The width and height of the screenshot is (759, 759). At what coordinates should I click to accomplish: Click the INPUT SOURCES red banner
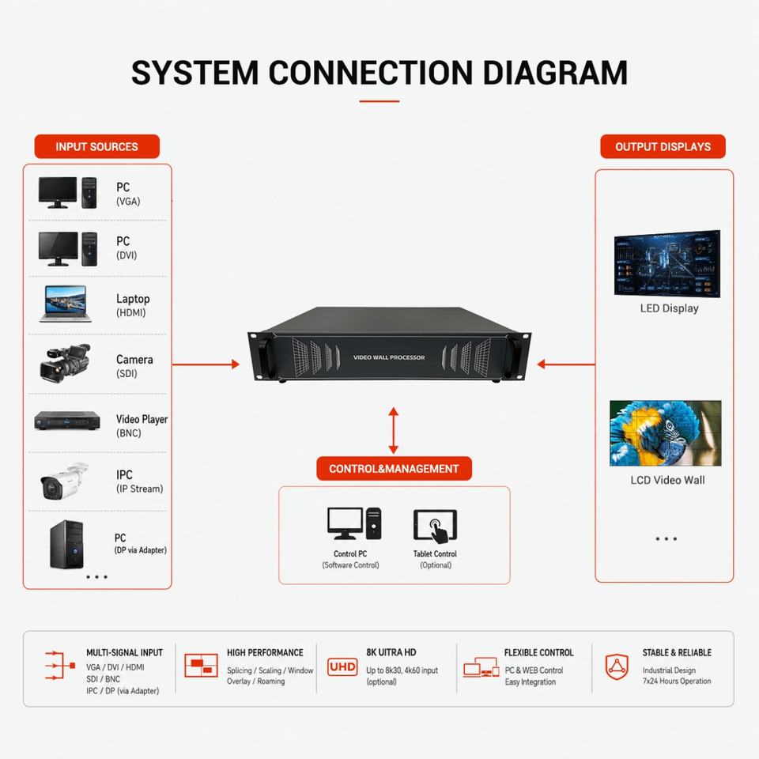pos(96,146)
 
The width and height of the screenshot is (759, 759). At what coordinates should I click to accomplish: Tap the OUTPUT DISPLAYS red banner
pos(663,146)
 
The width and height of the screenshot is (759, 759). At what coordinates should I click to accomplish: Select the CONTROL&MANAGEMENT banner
pos(394,468)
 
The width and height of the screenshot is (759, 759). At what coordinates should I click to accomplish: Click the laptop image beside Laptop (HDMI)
pos(66,304)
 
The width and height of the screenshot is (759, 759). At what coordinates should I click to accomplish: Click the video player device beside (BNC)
pos(67,420)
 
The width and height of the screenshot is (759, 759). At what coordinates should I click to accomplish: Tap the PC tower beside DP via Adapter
pos(66,544)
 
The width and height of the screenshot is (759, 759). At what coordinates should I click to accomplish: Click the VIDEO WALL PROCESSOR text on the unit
pos(389,357)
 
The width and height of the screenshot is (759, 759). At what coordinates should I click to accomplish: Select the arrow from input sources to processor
pos(206,364)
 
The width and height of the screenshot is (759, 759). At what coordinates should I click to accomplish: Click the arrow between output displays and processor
pos(566,364)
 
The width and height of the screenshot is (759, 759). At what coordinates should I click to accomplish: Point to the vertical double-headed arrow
pos(394,430)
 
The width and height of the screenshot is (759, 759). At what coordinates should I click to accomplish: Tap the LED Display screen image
pos(667,264)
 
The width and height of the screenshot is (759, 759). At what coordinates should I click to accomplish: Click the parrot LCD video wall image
pos(666,433)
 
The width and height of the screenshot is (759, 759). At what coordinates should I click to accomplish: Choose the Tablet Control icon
pos(435,526)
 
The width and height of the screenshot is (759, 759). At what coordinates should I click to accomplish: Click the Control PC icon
pos(354,523)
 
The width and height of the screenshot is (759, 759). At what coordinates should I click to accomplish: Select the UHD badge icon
pos(342,666)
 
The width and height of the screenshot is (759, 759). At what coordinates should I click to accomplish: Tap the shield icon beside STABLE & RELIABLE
pos(617,666)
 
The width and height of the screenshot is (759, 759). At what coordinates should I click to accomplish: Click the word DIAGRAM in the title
pos(555,73)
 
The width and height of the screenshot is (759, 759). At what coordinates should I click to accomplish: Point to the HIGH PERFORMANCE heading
pos(265,652)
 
